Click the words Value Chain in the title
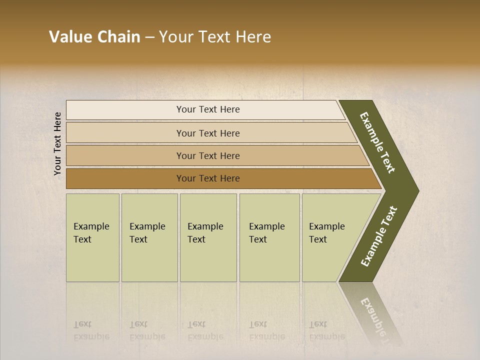94,37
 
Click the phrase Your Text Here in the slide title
215,37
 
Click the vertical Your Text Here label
57,143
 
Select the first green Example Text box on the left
92,237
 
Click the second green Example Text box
149,237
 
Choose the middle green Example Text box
208,237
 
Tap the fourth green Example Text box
269,237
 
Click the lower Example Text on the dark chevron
379,236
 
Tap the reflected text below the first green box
91,330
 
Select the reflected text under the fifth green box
326,330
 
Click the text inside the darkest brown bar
208,178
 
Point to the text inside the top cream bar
208,109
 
